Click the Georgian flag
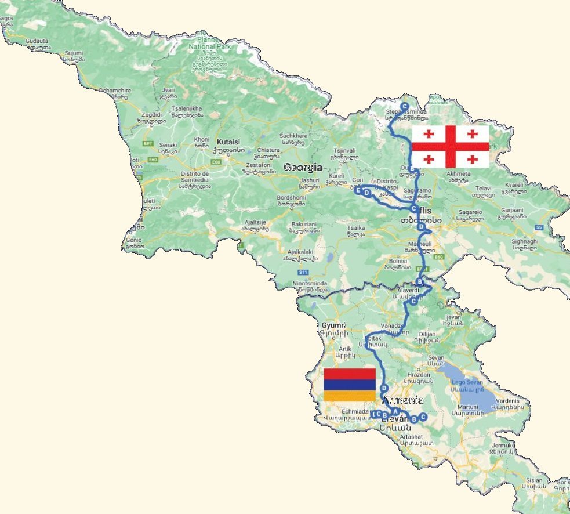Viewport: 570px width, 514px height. [450, 146]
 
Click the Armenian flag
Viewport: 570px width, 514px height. [350, 385]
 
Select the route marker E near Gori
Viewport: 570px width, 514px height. [358, 190]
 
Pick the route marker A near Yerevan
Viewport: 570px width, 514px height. [395, 411]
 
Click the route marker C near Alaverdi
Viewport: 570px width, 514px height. [413, 302]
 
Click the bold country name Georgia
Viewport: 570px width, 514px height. [302, 168]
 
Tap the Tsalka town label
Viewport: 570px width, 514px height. [355, 228]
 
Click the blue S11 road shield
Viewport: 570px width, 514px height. [302, 272]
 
